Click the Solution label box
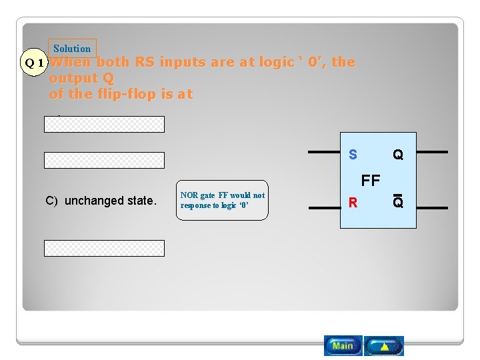pos(72,49)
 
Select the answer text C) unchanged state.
pos(101,201)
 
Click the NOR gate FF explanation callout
pos(223,200)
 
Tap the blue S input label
pos(353,155)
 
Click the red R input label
pos(353,202)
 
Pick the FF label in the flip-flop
pos(371,180)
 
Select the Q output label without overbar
pos(398,155)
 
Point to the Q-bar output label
pos(398,202)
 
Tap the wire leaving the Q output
pos(431,153)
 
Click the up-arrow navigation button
pos(384,345)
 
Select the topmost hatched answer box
pos(104,125)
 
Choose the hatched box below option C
pos(104,248)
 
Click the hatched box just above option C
pos(104,160)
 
